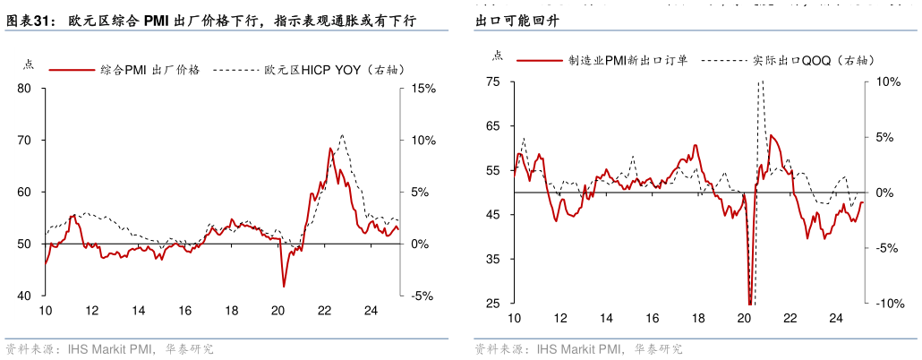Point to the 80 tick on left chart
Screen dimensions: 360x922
click(x=24, y=89)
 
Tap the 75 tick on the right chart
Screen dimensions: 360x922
click(x=493, y=81)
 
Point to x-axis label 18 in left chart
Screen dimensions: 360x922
click(x=231, y=311)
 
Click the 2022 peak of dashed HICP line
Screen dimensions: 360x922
click(x=342, y=134)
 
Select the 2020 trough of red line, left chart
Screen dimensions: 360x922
click(x=284, y=287)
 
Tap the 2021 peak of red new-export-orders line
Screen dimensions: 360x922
click(x=772, y=135)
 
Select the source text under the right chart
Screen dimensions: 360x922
click(x=577, y=348)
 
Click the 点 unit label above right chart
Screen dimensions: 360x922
click(x=498, y=56)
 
